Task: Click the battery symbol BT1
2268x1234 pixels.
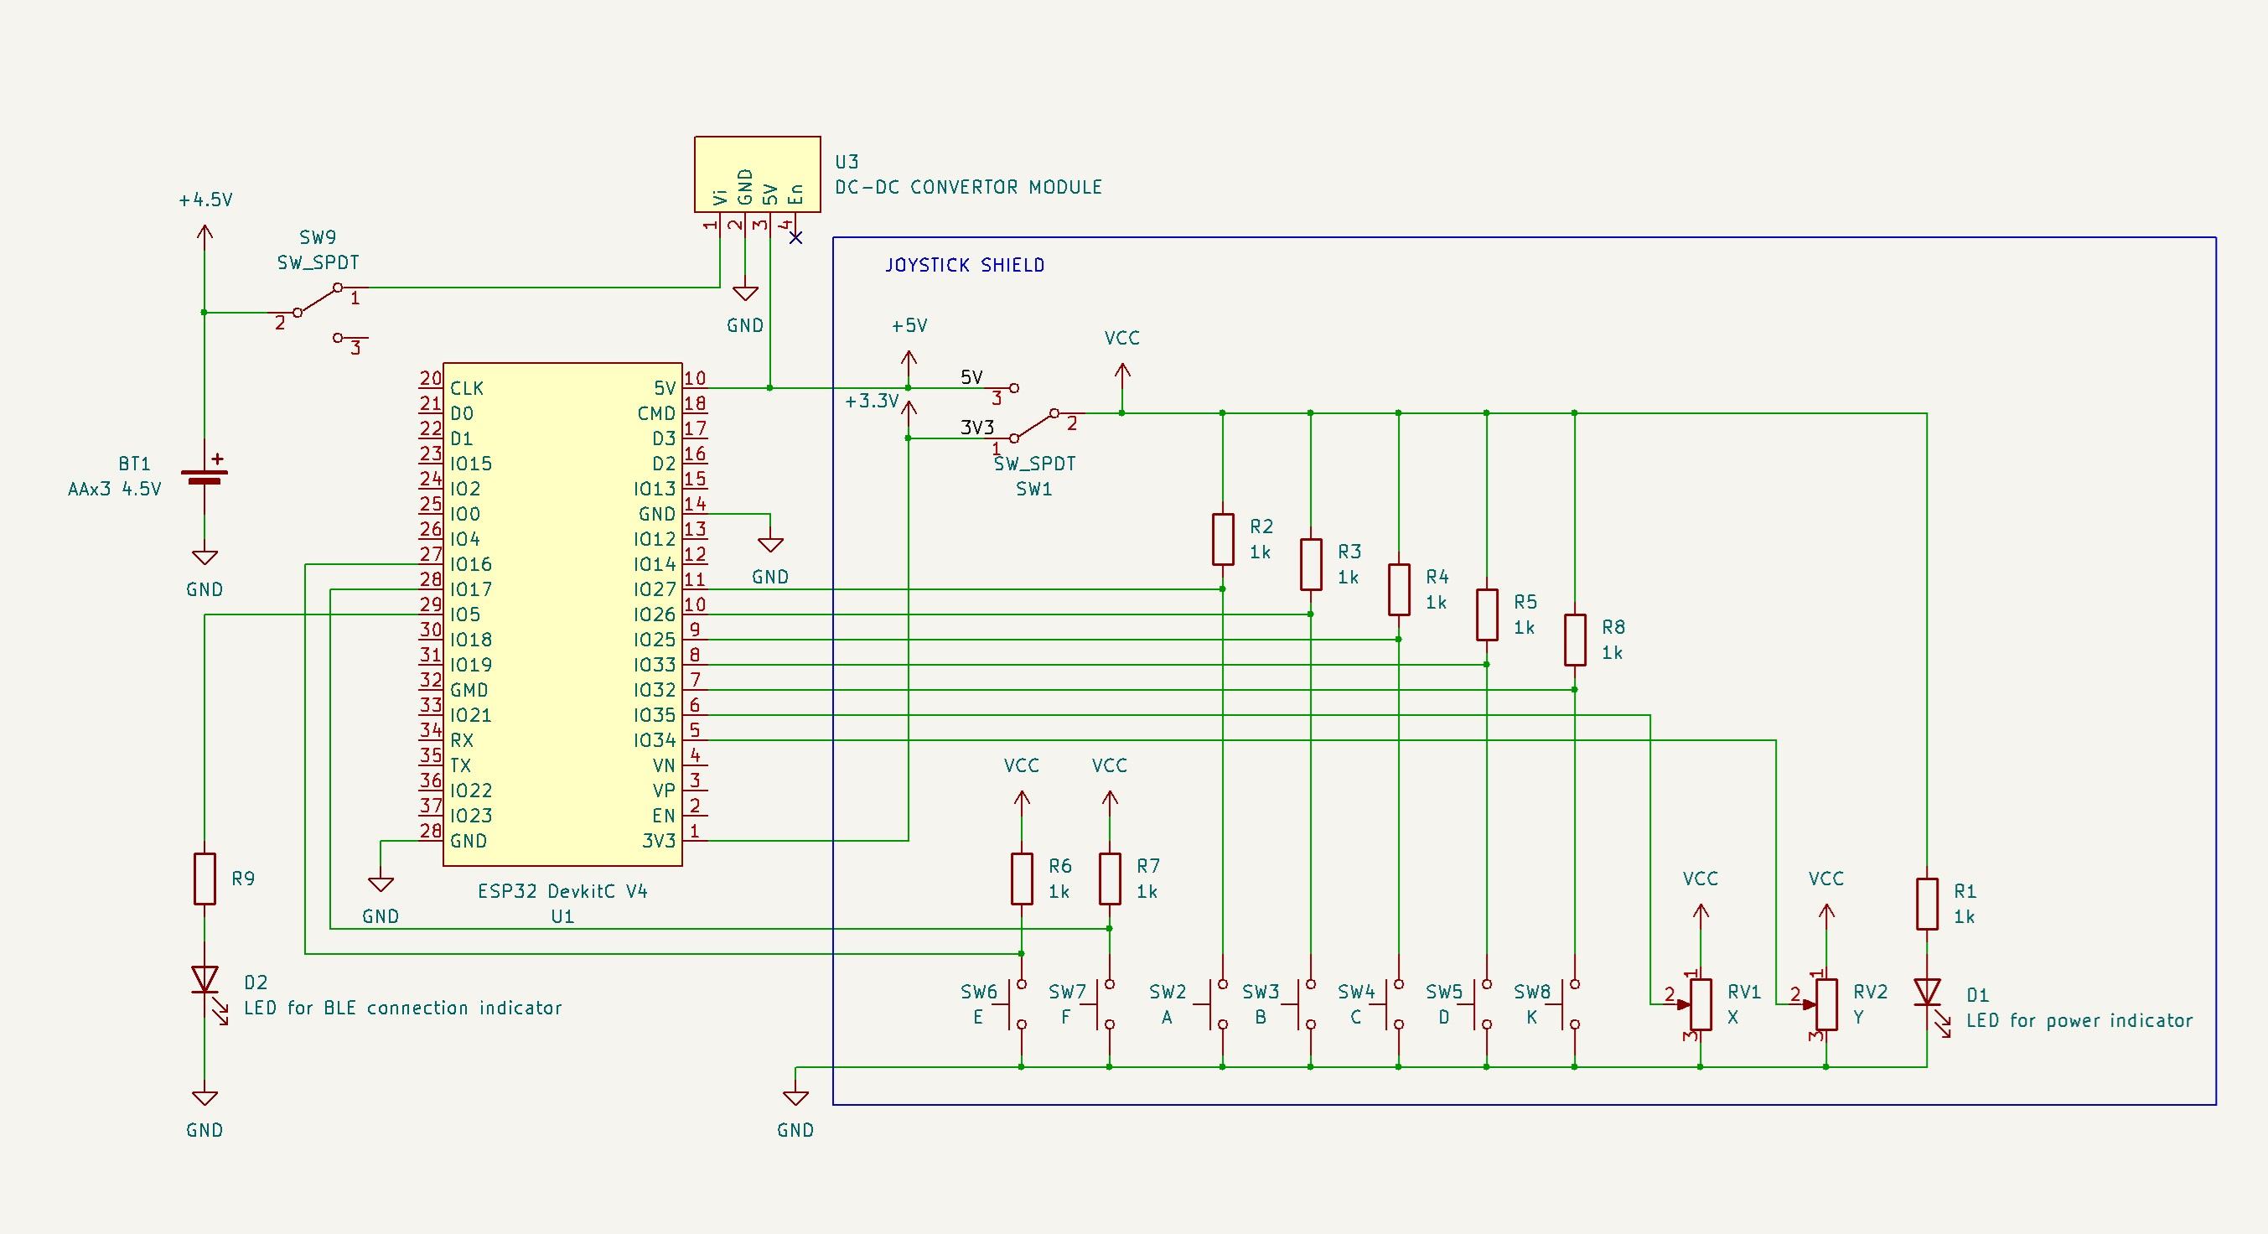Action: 205,476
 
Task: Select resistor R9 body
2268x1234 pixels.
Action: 205,879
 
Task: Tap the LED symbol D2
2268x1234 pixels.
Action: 205,978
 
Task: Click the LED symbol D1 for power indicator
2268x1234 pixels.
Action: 1927,992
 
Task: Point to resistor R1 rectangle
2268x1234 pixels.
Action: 1927,903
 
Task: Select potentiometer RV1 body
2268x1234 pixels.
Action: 1700,1004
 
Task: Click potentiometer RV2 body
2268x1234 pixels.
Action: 1826,1004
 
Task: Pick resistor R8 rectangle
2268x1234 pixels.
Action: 1574,640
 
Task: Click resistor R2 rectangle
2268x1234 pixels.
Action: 1223,539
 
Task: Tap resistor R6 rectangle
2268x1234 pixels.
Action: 1022,879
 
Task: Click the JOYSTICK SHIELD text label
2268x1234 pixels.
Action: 964,265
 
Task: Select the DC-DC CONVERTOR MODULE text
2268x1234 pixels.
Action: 969,187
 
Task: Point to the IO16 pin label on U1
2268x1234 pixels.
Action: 471,563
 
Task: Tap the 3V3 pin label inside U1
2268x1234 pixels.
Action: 659,840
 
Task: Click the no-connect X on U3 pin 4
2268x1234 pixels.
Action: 796,237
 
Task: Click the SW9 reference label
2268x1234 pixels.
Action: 318,237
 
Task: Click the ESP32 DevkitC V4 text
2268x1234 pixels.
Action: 562,890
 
